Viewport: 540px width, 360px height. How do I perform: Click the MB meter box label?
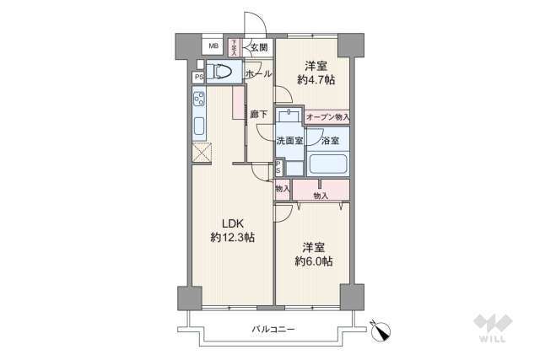[x=213, y=46]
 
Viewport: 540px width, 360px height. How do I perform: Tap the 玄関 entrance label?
[x=258, y=47]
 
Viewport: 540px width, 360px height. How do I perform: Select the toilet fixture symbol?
[x=221, y=73]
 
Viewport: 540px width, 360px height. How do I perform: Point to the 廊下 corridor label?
[x=258, y=115]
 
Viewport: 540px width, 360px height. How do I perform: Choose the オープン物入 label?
[x=327, y=117]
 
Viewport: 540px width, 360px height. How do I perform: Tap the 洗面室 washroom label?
[x=289, y=141]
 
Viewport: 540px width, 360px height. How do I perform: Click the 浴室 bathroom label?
[x=330, y=141]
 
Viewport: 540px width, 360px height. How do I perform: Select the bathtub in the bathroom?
[x=329, y=162]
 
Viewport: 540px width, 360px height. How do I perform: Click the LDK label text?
[x=233, y=223]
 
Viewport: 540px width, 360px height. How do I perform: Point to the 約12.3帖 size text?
[x=233, y=239]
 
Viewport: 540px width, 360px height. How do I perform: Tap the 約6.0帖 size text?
[x=314, y=262]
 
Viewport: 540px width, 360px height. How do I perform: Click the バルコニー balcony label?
[x=273, y=329]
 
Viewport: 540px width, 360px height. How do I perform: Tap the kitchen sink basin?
[x=200, y=128]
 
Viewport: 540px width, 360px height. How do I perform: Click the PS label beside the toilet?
[x=199, y=78]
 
